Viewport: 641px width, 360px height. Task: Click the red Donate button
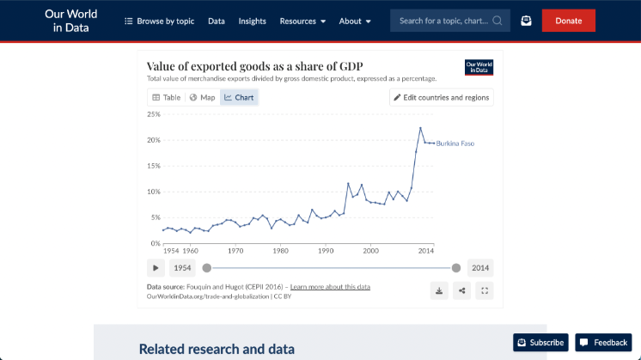click(568, 21)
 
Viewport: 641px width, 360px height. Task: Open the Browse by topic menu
click(160, 21)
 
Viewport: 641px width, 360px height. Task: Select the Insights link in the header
click(252, 21)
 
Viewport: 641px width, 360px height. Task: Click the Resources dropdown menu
click(302, 21)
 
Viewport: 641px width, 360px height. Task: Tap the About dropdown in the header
click(355, 21)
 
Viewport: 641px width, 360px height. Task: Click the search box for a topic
click(442, 21)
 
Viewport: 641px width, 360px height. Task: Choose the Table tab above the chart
click(167, 97)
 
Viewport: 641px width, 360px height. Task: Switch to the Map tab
click(203, 97)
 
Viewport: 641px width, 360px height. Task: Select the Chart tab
click(239, 97)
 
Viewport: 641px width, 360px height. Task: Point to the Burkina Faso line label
click(455, 143)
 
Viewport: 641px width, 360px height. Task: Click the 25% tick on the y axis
click(154, 114)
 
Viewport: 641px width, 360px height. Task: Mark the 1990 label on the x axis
click(326, 251)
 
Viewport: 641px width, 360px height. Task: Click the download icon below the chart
click(439, 290)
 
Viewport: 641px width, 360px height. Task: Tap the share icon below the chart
click(462, 290)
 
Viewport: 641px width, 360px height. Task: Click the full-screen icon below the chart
click(485, 290)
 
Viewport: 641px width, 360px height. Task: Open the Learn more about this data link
click(330, 287)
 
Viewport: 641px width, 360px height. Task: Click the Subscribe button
click(540, 343)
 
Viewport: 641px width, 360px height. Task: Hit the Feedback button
click(603, 343)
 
